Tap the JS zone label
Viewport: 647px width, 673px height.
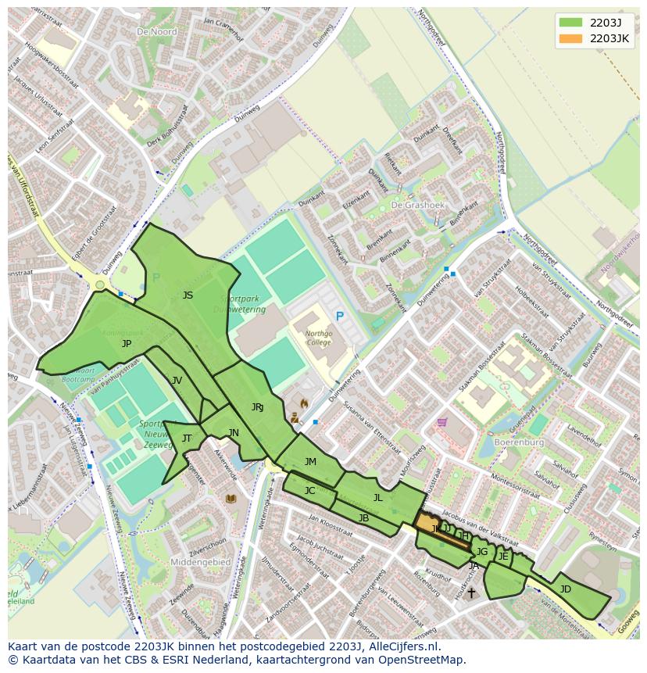188,295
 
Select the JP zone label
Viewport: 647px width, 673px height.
127,343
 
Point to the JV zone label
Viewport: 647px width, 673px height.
177,380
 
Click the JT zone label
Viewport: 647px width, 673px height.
187,438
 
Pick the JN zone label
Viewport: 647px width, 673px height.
234,432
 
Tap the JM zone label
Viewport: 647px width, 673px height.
310,462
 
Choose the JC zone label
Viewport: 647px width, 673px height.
309,491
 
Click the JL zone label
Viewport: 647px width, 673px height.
378,497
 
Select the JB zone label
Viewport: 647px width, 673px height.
363,517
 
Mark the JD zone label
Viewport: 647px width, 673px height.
566,589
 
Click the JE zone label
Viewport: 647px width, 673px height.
503,557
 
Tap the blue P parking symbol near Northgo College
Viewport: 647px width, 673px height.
339,316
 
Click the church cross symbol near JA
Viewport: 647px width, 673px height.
470,593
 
